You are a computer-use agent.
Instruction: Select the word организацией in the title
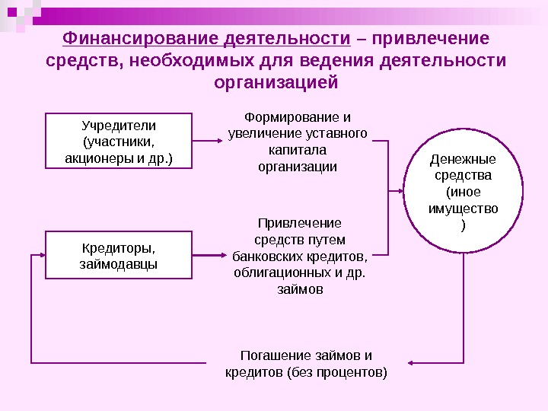pyautogui.click(x=276, y=81)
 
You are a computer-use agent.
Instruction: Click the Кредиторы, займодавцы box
pyautogui.click(x=118, y=256)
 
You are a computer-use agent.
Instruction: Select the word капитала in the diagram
pyautogui.click(x=298, y=150)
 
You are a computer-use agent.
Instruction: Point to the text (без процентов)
pyautogui.click(x=337, y=372)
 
